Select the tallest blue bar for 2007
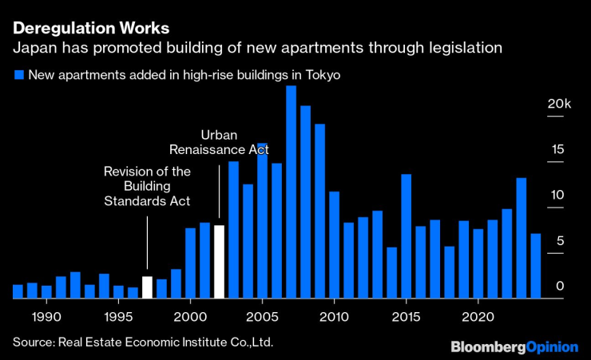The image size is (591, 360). click(291, 192)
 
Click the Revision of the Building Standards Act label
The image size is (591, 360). click(148, 186)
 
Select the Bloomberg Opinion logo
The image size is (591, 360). click(514, 347)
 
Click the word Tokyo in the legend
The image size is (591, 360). click(323, 76)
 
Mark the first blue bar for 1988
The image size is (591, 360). click(18, 291)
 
